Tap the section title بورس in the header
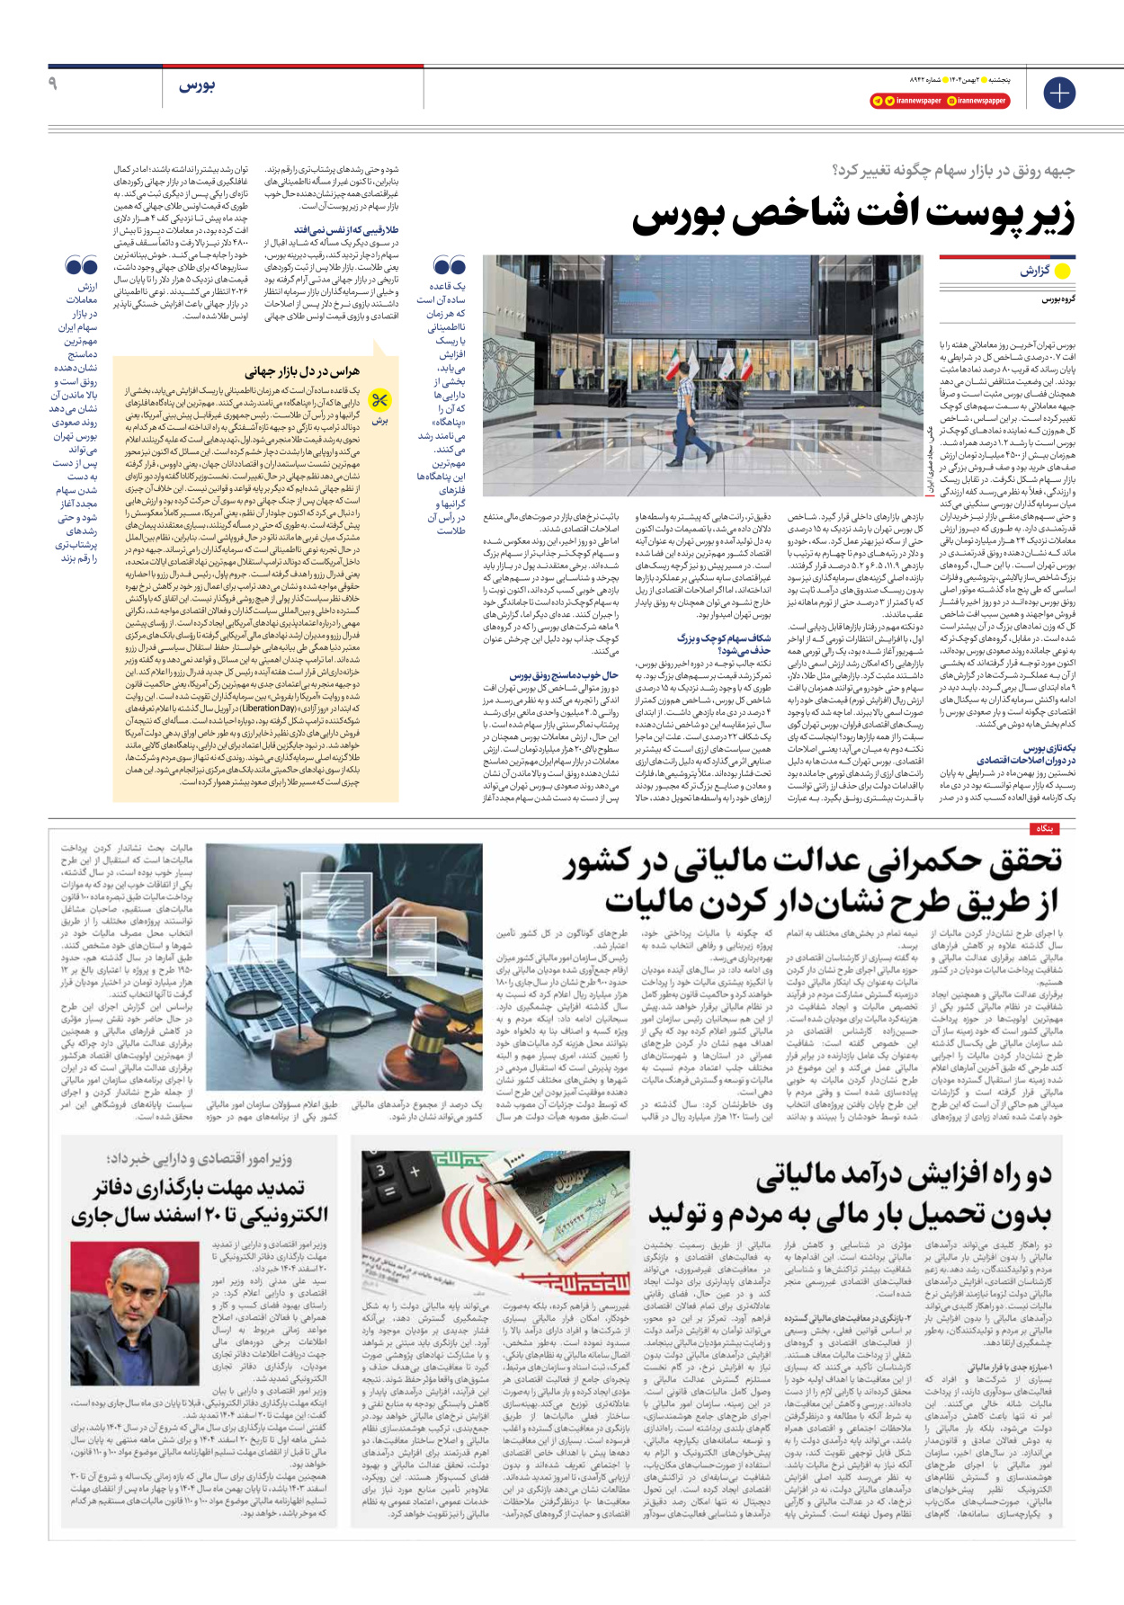coord(197,85)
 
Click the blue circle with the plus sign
coord(1059,93)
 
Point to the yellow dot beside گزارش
coord(1062,271)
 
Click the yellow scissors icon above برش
coord(380,400)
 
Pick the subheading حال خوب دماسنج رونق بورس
coord(563,675)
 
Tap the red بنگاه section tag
coord(1043,829)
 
